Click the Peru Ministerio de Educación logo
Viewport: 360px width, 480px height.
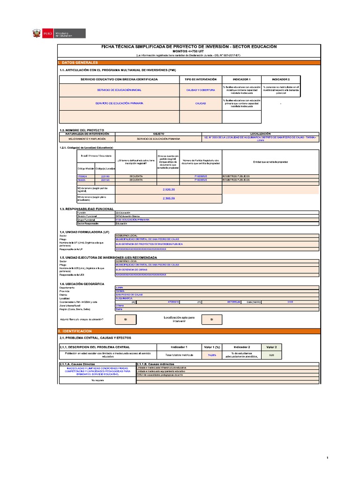58,34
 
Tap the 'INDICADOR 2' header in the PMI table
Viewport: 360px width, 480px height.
281,79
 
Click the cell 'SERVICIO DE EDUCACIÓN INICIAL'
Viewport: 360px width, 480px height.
119,89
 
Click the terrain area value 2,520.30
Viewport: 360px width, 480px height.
168,189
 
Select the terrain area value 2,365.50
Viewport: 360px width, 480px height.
168,198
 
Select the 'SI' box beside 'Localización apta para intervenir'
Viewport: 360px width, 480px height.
212,319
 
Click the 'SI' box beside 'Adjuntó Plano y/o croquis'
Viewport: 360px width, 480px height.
126,319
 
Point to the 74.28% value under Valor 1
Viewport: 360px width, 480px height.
211,355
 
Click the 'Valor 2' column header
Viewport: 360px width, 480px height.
272,347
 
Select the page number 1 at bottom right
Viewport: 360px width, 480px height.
328,457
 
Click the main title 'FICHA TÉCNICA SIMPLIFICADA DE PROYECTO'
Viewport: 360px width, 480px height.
189,47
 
